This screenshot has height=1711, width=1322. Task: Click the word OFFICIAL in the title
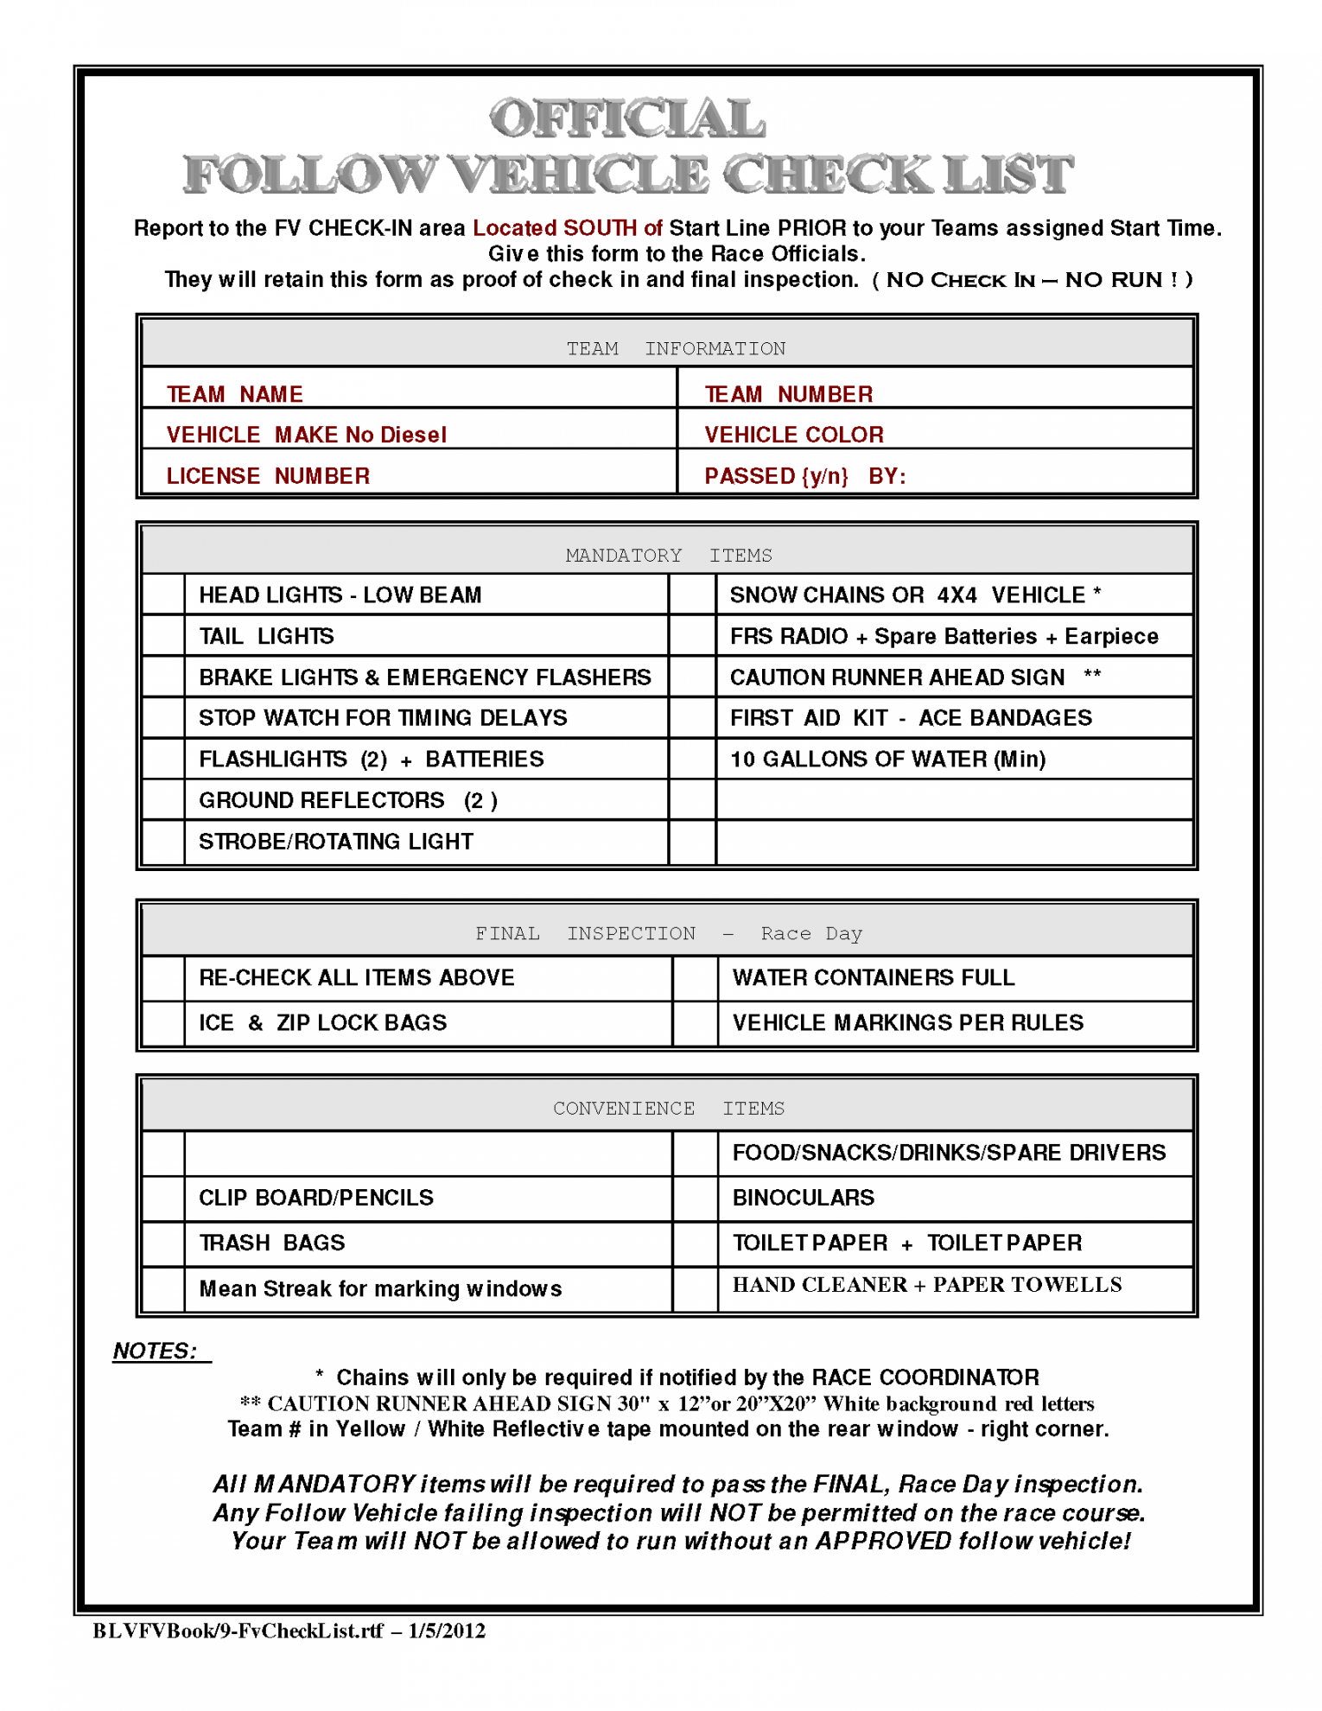tap(627, 119)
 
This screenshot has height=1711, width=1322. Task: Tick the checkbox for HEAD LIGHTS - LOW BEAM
tap(163, 595)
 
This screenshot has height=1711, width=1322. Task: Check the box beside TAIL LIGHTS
tap(163, 636)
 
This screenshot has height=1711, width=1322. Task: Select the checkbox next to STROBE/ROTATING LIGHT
tap(163, 842)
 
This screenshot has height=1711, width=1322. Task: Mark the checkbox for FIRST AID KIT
tap(692, 718)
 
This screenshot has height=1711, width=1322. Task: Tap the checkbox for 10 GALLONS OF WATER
tap(692, 759)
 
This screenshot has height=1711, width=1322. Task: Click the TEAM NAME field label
tap(234, 395)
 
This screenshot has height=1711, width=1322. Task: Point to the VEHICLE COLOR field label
tap(793, 435)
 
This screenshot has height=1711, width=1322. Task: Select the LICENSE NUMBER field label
tap(268, 476)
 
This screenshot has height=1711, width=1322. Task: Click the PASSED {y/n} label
tap(776, 476)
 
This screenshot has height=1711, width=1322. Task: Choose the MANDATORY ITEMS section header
tap(668, 556)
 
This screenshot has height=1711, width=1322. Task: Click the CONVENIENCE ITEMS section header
tap(668, 1109)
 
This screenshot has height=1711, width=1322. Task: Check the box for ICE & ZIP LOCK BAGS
tap(163, 1024)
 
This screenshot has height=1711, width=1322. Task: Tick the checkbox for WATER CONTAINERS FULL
tap(695, 978)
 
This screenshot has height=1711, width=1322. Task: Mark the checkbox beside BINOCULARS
tap(695, 1199)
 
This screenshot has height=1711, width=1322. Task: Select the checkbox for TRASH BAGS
tap(163, 1243)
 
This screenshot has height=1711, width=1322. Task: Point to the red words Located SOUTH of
tap(567, 228)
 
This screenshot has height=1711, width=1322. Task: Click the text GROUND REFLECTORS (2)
tap(347, 800)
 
